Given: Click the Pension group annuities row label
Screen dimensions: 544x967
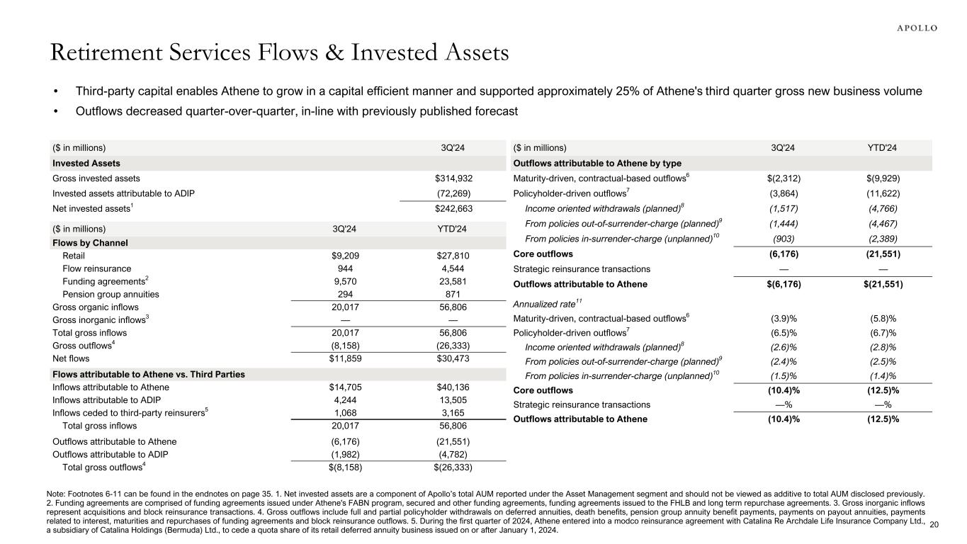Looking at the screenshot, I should coord(111,294).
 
